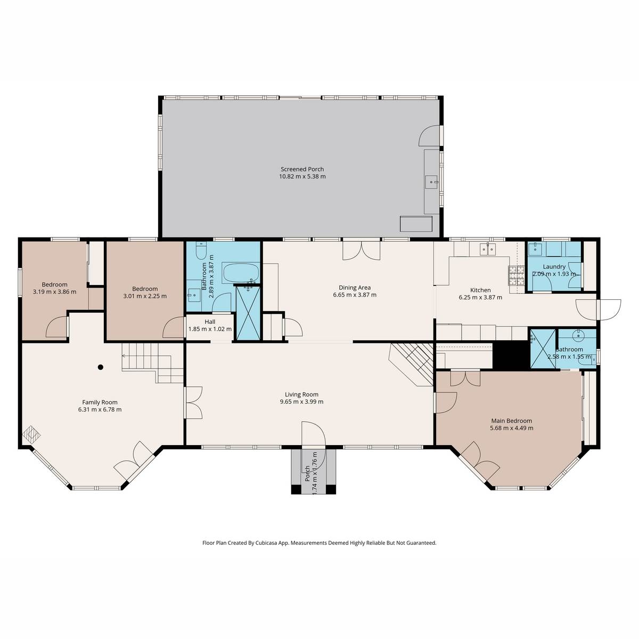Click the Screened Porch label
pyautogui.click(x=302, y=169)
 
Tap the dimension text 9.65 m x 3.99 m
pyautogui.click(x=302, y=402)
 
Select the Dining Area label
pyautogui.click(x=351, y=288)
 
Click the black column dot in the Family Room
pyautogui.click(x=101, y=366)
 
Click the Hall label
pyautogui.click(x=210, y=322)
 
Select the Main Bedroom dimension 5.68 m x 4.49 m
pyautogui.click(x=511, y=428)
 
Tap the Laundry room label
pyautogui.click(x=554, y=267)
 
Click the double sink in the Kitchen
pyautogui.click(x=488, y=248)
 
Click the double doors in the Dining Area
pyautogui.click(x=362, y=250)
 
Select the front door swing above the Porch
pyautogui.click(x=313, y=434)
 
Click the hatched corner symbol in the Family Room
pyautogui.click(x=31, y=434)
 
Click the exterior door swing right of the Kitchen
pyautogui.click(x=609, y=309)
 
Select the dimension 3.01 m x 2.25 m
pyautogui.click(x=145, y=296)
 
